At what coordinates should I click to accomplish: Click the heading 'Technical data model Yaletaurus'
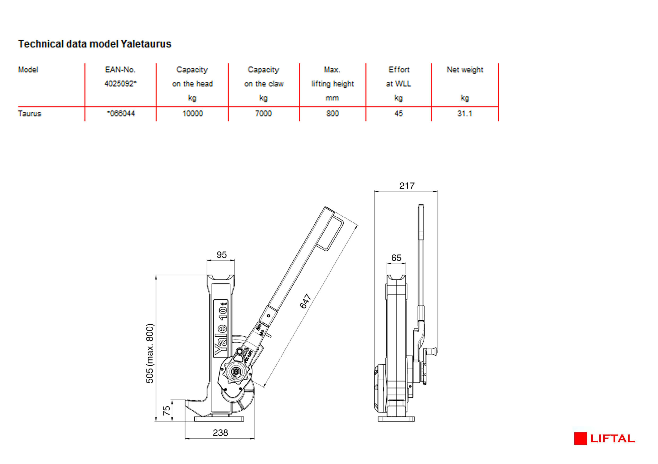coord(95,44)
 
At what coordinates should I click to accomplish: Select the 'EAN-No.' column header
coord(120,70)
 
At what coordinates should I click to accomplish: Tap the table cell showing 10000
coord(193,114)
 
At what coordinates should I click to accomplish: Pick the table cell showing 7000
coord(263,114)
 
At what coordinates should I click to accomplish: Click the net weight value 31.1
coord(464,114)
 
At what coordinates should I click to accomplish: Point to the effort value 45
coord(399,114)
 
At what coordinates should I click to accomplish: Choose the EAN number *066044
coord(121,114)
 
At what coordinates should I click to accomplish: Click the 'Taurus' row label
coord(29,114)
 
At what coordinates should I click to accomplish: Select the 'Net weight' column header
coord(465,70)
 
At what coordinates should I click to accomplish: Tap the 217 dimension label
coord(407,186)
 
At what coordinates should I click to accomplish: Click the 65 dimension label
coord(396,258)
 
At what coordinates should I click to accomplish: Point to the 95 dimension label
coord(221,255)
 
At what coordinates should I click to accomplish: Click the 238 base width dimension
coord(220,433)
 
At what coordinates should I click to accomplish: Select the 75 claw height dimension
coord(166,410)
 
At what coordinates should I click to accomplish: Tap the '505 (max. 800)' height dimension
coord(150,354)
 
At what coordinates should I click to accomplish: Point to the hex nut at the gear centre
coord(236,372)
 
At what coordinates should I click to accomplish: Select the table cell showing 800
coord(332,114)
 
